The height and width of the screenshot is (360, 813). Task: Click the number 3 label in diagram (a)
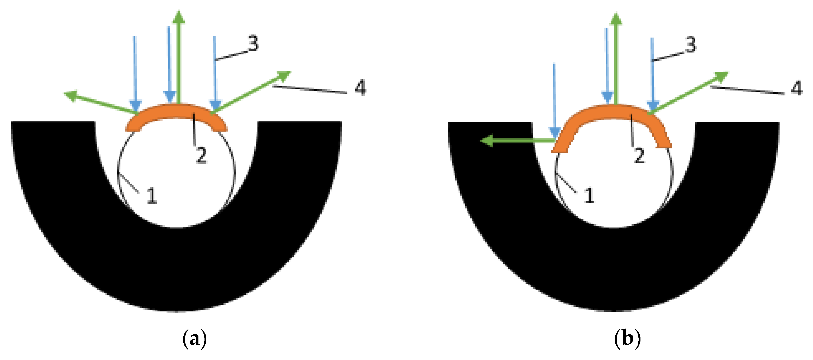253,43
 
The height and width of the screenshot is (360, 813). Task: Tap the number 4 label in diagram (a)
360,87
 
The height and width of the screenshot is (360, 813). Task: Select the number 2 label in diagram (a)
201,155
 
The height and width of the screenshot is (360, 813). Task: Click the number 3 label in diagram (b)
691,44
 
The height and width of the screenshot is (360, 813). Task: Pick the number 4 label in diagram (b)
797,88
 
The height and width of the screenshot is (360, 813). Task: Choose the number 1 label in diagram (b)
589,195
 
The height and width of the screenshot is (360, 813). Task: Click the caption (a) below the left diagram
194,339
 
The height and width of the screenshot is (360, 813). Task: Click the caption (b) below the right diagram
628,339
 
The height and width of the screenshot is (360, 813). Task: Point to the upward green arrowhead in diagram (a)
179,17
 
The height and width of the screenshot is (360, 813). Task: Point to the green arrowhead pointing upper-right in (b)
721,77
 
